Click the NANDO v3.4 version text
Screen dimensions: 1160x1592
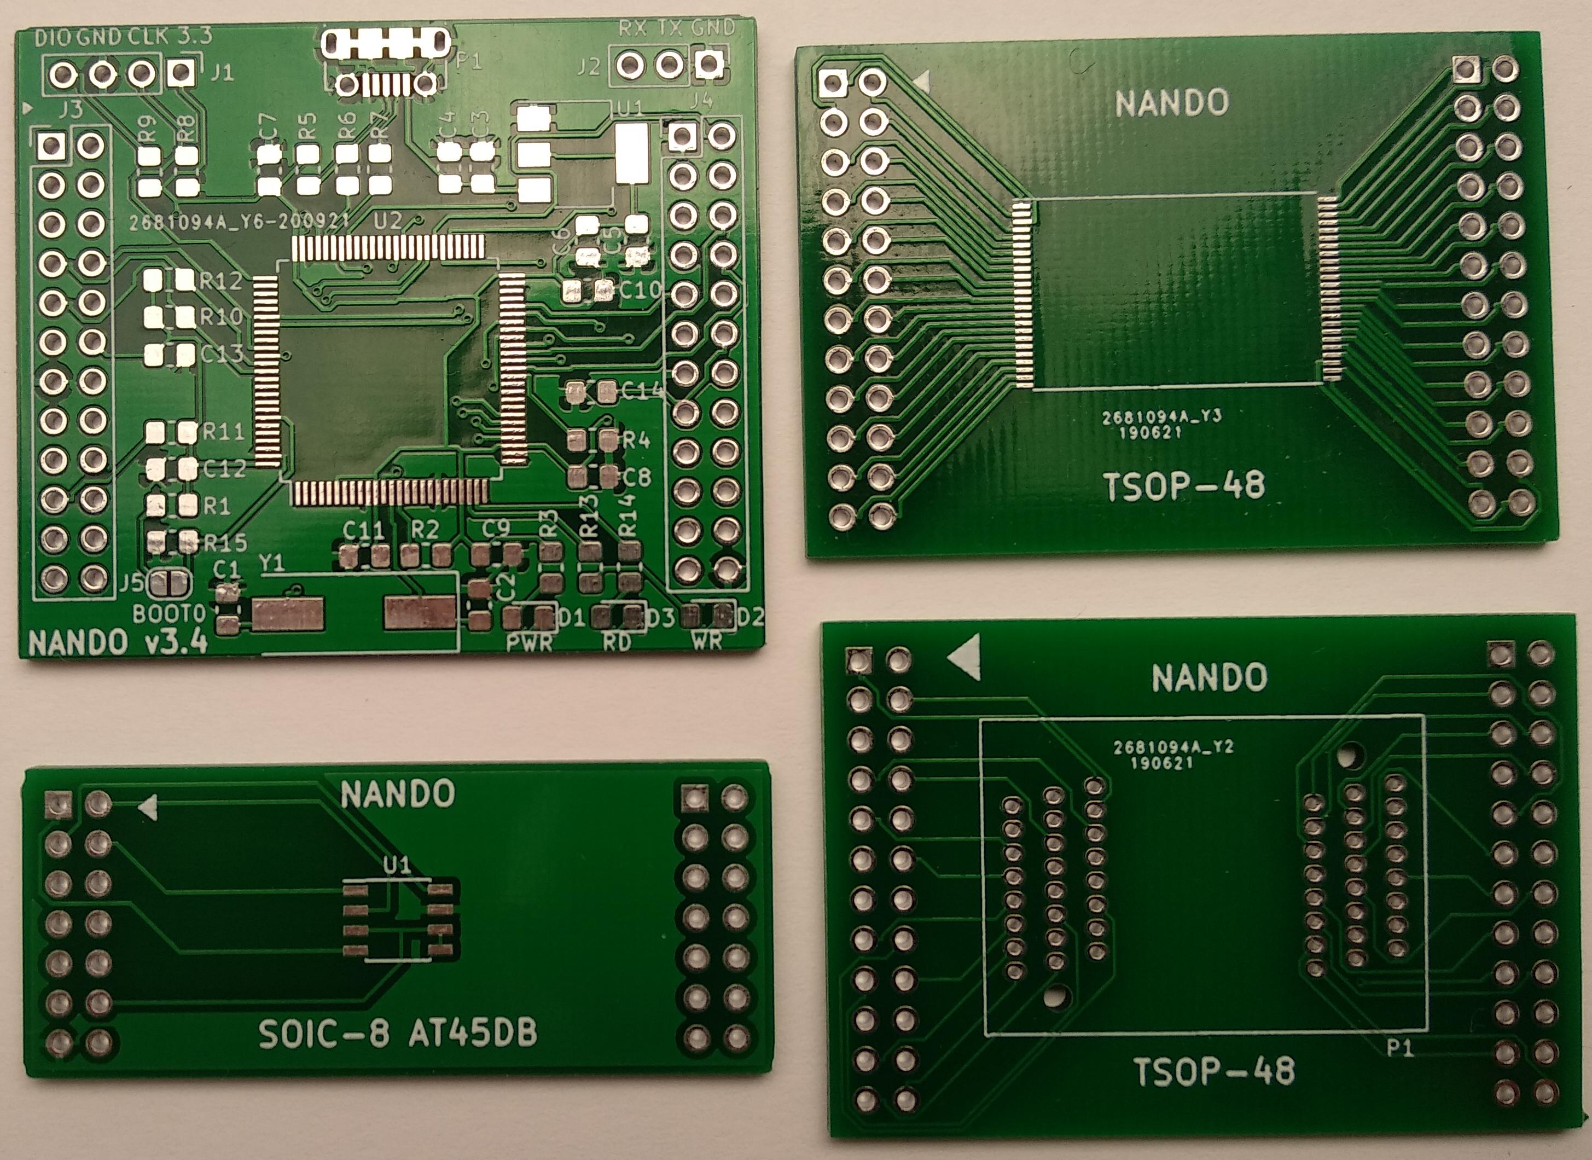pyautogui.click(x=118, y=642)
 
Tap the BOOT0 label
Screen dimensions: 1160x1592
pyautogui.click(x=169, y=614)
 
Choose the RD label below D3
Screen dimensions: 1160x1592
pyautogui.click(x=617, y=642)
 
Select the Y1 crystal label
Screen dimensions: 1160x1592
pyautogui.click(x=272, y=563)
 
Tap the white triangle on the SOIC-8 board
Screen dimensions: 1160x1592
pyautogui.click(x=149, y=808)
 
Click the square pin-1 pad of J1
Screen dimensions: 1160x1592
pyautogui.click(x=181, y=72)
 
